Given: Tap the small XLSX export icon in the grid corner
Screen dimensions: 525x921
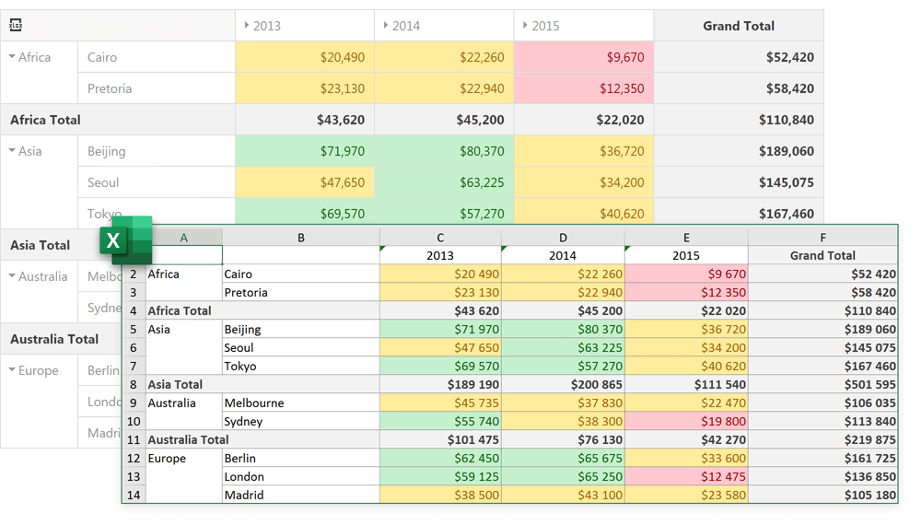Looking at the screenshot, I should [17, 26].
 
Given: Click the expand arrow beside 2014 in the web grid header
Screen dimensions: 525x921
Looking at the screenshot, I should [386, 26].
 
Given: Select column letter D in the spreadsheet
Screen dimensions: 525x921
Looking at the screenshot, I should [563, 238].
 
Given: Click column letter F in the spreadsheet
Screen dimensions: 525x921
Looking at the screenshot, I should [822, 238].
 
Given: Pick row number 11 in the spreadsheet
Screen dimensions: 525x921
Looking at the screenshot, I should [134, 440].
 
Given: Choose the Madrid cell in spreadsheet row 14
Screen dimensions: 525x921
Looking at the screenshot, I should [244, 495].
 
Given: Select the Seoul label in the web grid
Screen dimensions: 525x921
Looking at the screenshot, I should [103, 182].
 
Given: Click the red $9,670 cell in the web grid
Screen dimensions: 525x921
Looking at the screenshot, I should [625, 57].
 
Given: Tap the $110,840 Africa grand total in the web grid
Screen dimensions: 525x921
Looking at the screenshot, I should [787, 120].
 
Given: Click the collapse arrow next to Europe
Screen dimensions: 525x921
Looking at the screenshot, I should [12, 370].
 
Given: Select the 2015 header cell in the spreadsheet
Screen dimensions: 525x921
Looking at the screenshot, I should [686, 255].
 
